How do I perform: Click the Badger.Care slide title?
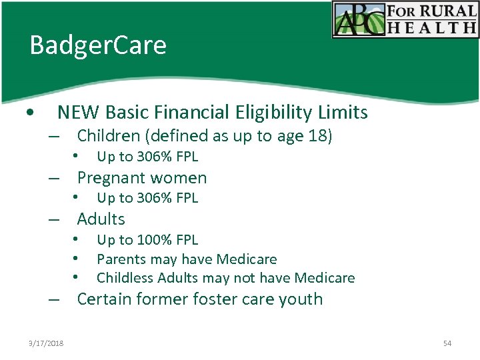point(98,46)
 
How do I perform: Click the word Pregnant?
point(111,178)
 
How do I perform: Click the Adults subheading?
point(101,219)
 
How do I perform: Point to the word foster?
point(214,299)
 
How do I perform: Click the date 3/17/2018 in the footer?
point(47,343)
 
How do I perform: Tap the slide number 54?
point(447,343)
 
